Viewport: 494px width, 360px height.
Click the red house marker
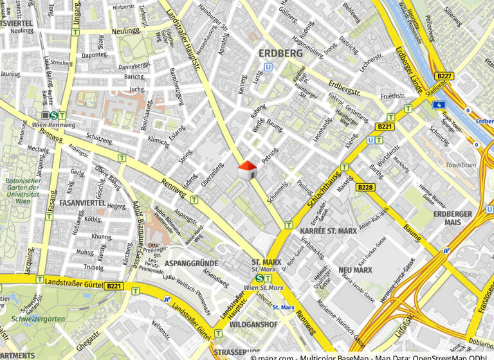tap(248, 171)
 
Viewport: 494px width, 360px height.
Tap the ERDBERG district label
tap(280, 53)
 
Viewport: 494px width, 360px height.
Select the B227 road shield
tap(444, 76)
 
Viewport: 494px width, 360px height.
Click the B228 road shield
tap(365, 187)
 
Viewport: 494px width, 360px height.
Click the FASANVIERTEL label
tap(82, 203)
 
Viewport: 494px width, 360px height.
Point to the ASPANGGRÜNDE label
tap(192, 264)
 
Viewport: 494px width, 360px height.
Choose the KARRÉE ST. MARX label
tap(329, 230)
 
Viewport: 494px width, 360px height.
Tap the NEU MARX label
tap(356, 270)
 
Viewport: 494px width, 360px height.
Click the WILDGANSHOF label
tap(253, 325)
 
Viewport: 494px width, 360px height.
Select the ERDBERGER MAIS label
tap(453, 218)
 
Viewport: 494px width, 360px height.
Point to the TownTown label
tap(461, 165)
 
